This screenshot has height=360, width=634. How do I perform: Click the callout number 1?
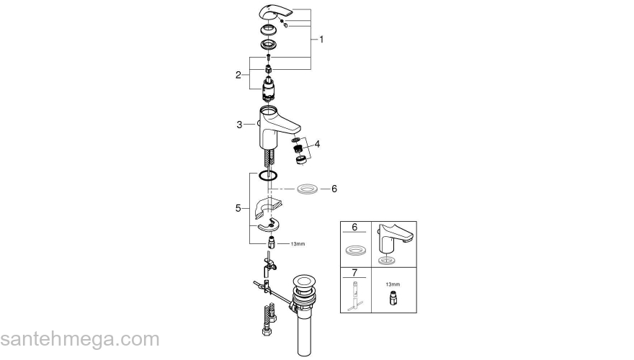point(321,40)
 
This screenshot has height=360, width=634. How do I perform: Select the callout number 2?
point(238,75)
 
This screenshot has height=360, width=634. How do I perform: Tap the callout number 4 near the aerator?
point(317,143)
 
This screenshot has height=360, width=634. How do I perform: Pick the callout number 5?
point(238,208)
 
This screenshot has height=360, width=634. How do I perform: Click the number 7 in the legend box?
point(354,274)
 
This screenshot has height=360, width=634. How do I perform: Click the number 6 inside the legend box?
point(354,228)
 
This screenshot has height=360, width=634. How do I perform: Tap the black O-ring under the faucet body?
point(268,176)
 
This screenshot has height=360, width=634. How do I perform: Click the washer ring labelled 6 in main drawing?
point(307,189)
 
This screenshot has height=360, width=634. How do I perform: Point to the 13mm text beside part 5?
point(298,244)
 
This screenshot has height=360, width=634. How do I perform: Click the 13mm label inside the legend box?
point(393,284)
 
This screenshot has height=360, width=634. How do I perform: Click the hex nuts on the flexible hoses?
point(263,333)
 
